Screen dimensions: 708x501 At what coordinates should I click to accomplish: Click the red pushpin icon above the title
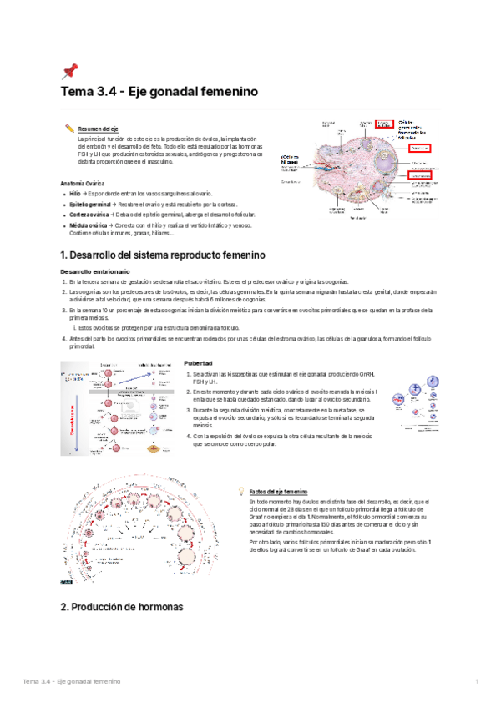click(69, 71)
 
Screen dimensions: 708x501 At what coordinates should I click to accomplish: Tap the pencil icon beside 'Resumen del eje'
click(69, 129)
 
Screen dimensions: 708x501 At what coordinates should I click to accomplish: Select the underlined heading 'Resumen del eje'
click(98, 129)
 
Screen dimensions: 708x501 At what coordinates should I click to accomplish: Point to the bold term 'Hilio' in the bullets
click(75, 193)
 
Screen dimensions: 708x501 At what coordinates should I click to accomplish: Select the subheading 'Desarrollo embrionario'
click(95, 272)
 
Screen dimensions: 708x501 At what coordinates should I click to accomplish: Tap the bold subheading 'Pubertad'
click(198, 364)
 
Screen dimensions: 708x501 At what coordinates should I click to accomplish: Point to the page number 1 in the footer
click(476, 684)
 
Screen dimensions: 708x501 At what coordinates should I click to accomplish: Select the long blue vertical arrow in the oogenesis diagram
click(77, 421)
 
